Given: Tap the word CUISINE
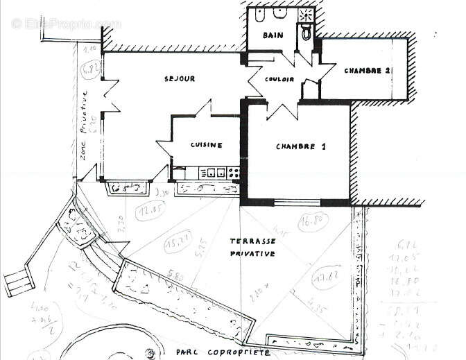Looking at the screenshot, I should click(x=207, y=145).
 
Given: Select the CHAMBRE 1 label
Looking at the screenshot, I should click(x=300, y=146).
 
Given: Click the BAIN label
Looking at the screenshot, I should click(x=271, y=35).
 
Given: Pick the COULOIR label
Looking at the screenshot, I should click(x=279, y=79).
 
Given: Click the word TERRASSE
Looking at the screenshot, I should click(x=252, y=241).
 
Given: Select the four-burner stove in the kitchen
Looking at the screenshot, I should click(x=234, y=172).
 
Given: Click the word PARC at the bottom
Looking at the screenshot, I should click(x=188, y=352).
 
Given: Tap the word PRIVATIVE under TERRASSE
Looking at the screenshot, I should click(x=252, y=254).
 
